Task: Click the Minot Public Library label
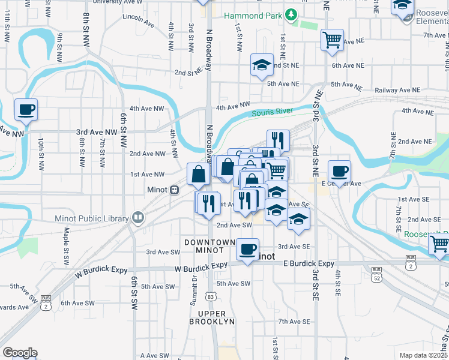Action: [x=92, y=218]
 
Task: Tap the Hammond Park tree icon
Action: [x=291, y=14]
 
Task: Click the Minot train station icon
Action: [x=174, y=190]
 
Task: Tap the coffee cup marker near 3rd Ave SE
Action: [x=247, y=250]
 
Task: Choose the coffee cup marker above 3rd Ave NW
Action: [x=26, y=110]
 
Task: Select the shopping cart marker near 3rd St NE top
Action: [x=332, y=40]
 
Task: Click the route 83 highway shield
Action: [x=210, y=296]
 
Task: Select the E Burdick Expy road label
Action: [x=308, y=263]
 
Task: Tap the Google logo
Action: [x=20, y=353]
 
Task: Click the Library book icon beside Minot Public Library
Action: [x=139, y=218]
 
